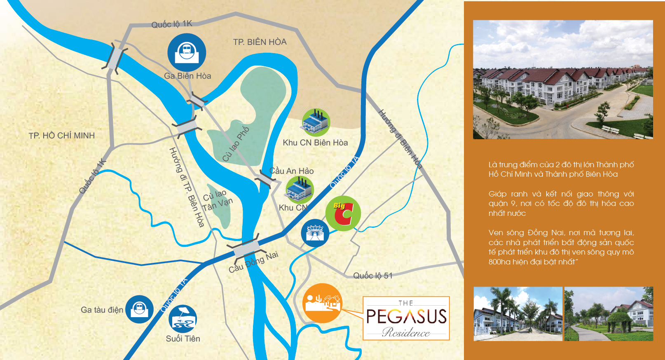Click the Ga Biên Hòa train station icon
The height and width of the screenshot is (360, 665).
(x=187, y=53)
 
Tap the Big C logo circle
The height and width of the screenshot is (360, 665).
(x=343, y=213)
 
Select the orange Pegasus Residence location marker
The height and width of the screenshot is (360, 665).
(x=322, y=303)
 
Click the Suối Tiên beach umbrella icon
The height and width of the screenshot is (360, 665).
(x=183, y=319)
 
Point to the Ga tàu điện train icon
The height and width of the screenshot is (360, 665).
(x=139, y=309)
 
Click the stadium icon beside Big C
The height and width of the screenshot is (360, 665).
(x=315, y=233)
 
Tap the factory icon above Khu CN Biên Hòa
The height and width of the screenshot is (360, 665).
(x=316, y=122)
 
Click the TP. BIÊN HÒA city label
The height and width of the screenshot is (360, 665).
(x=260, y=42)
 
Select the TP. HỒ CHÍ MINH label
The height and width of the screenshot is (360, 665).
(x=62, y=136)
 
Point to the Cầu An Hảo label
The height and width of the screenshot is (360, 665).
(x=291, y=171)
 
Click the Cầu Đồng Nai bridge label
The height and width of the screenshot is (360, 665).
(x=253, y=262)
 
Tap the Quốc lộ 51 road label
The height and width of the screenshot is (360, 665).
(x=372, y=276)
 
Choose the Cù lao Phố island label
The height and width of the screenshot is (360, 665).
(x=236, y=144)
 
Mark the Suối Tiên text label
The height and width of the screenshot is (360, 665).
(x=183, y=339)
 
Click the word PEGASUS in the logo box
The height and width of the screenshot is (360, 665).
(x=406, y=316)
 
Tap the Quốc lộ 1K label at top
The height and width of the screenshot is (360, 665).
(x=172, y=24)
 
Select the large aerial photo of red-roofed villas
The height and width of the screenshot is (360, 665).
(x=563, y=79)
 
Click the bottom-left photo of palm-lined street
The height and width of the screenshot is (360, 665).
(x=518, y=314)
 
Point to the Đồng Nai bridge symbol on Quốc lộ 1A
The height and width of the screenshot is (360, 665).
(x=246, y=248)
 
